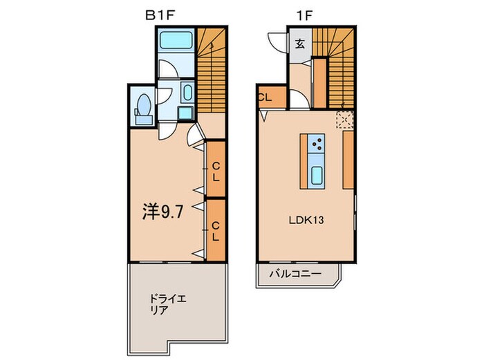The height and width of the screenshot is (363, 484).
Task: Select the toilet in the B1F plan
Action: (144, 109)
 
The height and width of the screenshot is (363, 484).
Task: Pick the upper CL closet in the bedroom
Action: (216, 169)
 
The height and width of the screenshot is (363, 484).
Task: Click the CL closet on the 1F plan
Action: (266, 97)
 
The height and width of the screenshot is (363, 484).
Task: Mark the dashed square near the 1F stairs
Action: (345, 119)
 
